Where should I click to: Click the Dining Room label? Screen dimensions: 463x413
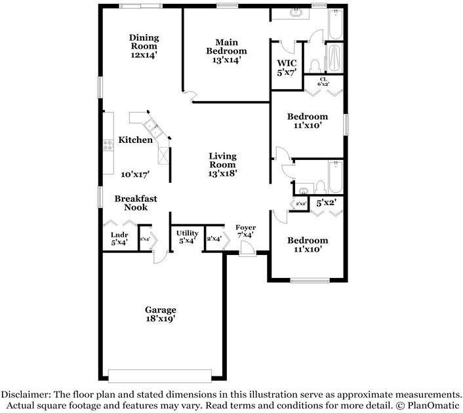point(144,42)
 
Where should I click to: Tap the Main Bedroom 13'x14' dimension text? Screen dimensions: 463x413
point(227,60)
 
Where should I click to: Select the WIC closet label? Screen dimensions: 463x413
point(287,63)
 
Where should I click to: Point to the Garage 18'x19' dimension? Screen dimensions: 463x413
point(161,319)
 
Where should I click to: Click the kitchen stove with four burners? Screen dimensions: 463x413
point(108,145)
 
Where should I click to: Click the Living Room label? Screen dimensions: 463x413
point(222,161)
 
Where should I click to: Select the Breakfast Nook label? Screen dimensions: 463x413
point(136,203)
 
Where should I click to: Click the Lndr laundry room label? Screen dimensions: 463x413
point(119,235)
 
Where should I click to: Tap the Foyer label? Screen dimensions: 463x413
point(246,227)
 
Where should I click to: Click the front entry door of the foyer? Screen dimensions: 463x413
point(247,248)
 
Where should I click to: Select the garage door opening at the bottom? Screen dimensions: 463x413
point(160,376)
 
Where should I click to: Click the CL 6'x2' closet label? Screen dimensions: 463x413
point(323,82)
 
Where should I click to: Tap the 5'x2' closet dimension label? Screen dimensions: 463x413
point(326,203)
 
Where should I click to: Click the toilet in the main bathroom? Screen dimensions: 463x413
point(315,66)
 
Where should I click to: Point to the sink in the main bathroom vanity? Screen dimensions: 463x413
point(295,12)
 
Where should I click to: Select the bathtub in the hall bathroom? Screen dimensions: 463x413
point(335,176)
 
